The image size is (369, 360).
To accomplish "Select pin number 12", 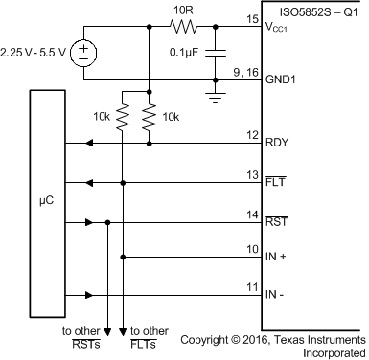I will coord(252,135).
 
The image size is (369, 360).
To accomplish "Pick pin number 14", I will coord(252,214).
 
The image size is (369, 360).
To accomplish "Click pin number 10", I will coord(252,248).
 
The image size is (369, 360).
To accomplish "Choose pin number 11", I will coord(252,286).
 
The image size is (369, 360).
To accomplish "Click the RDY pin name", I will coord(278,146).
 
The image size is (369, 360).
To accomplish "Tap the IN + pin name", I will coord(279,258).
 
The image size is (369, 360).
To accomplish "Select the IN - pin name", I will coord(278,295).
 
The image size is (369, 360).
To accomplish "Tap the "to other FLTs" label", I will coord(150,337).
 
